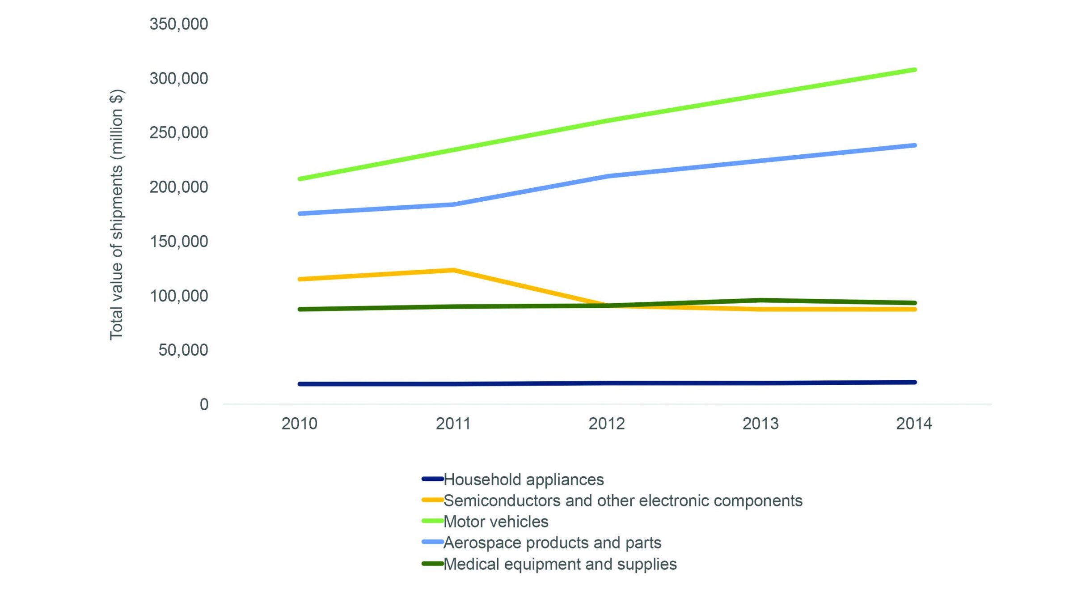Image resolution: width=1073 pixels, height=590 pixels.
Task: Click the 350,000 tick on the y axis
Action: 178,24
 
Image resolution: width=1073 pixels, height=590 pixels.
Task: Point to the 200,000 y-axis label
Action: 178,187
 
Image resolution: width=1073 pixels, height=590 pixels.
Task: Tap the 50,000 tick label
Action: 183,350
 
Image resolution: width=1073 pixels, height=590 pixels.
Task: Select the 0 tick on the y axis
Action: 204,404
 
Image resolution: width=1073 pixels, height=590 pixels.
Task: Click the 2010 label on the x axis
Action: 299,424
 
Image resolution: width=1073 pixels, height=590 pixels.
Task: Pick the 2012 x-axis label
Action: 606,424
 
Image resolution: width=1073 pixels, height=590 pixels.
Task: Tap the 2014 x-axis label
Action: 914,424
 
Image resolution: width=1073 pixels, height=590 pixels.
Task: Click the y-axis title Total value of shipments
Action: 117,215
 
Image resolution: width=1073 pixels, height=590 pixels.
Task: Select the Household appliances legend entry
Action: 523,480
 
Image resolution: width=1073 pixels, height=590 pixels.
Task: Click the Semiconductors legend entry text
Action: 622,501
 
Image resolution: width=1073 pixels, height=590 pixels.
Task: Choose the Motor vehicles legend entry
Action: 495,522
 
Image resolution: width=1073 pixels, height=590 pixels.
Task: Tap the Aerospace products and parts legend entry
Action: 552,543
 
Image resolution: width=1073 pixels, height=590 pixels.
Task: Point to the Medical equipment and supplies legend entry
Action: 560,564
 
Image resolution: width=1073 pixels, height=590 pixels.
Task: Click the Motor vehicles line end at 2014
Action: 914,70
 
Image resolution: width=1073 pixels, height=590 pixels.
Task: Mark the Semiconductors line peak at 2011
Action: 453,270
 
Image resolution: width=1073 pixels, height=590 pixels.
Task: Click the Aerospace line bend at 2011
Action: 453,204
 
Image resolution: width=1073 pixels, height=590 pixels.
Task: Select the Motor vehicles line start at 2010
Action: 300,179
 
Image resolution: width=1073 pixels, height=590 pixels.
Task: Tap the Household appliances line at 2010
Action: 300,384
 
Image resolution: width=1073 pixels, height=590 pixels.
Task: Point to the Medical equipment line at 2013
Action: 760,301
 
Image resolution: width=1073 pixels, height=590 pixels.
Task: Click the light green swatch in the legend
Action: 432,521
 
